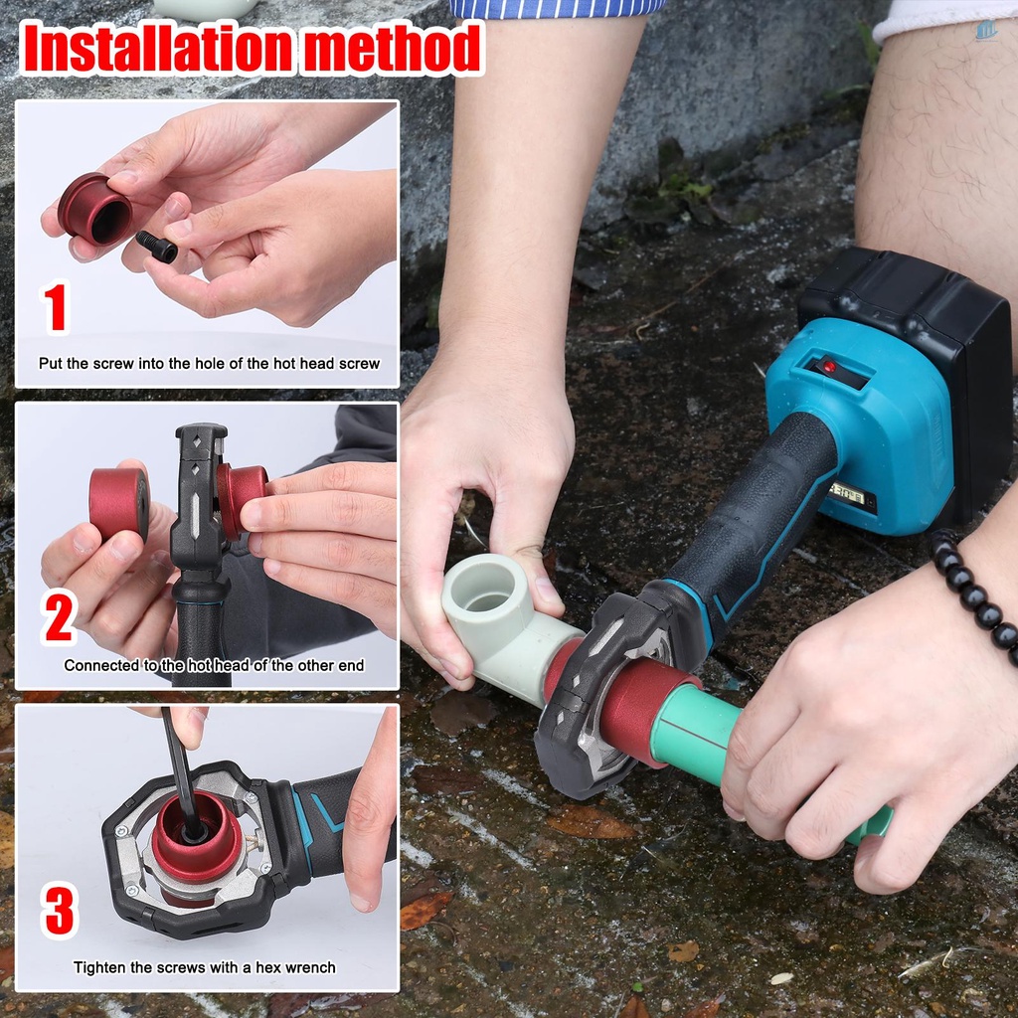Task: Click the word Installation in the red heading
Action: coord(156,48)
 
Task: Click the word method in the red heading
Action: coord(392,48)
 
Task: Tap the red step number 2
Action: coord(59,616)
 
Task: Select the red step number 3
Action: coord(59,910)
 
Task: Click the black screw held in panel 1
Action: coord(156,248)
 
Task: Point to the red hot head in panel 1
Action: coord(94,209)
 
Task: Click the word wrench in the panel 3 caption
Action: coord(308,967)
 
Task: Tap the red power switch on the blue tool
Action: coord(829,367)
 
